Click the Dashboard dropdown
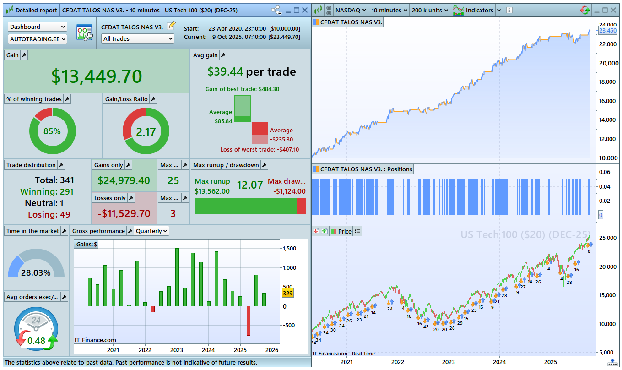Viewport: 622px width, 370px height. tap(38, 27)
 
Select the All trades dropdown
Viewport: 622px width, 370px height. tap(138, 39)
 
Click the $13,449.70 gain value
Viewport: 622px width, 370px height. tap(97, 76)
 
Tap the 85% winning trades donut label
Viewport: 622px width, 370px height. tap(52, 131)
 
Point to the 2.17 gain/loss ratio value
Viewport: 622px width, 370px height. tap(146, 132)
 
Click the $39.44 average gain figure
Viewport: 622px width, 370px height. tap(225, 71)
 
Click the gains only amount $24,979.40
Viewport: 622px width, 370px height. tap(124, 180)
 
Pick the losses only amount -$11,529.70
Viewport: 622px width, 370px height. tap(124, 213)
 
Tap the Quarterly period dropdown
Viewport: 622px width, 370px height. tap(152, 231)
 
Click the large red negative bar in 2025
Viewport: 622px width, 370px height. tap(249, 321)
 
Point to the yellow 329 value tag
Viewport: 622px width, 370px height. tap(288, 293)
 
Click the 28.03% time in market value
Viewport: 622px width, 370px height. tap(36, 273)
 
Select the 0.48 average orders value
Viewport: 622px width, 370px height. tap(36, 341)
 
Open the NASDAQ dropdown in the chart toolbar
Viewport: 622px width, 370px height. tap(351, 10)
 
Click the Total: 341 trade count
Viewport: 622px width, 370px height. tap(54, 180)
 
